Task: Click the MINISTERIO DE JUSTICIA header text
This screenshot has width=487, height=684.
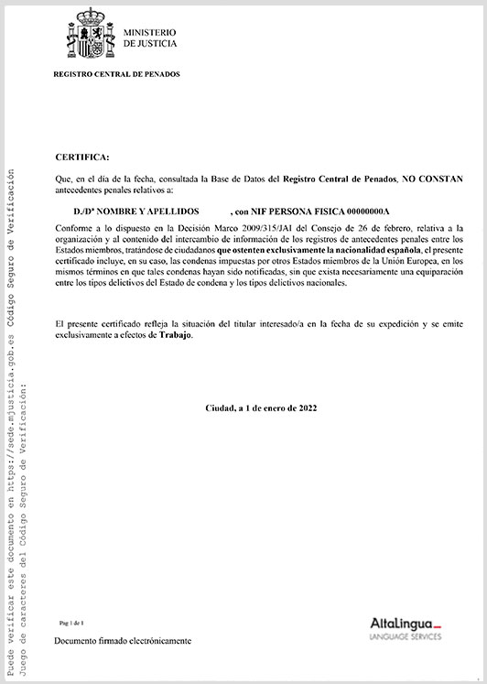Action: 150,38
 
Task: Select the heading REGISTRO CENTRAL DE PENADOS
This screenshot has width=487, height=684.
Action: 117,73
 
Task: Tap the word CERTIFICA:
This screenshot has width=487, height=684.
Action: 81,157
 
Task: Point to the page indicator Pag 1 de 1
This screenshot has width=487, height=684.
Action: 70,622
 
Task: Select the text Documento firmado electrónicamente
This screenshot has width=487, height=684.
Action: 123,641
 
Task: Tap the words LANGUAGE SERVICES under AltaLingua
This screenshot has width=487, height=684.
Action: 406,635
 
